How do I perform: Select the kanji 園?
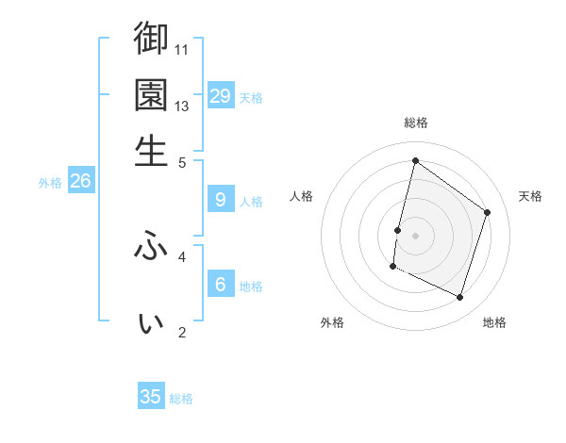point(151,94)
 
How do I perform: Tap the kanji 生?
point(151,151)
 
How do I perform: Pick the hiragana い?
point(151,322)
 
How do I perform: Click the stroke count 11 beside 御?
point(183,49)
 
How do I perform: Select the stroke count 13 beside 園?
point(183,106)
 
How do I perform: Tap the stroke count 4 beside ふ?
point(182,255)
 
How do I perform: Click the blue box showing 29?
point(221,96)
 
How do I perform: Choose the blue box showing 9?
point(221,200)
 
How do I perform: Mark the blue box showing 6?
point(221,285)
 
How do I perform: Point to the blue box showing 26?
point(80,182)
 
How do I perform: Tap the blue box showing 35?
point(151,397)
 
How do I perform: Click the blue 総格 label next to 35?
point(181,399)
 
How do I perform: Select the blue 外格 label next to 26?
point(50,184)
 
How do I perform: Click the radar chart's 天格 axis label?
point(530,196)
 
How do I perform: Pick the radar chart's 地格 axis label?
point(494,323)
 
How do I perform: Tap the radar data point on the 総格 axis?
point(415,161)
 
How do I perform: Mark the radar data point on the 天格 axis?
point(488,212)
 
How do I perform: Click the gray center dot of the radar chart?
point(415,235)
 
